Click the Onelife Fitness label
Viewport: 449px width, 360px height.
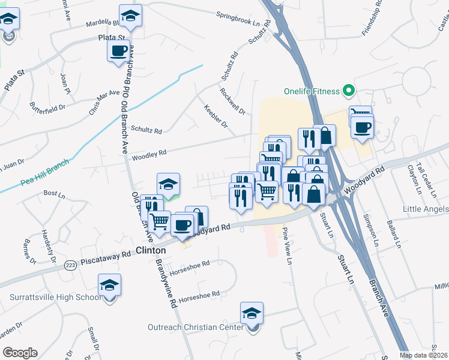[x=312, y=92]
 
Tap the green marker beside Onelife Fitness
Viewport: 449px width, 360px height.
[x=349, y=91]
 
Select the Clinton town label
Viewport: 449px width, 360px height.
[x=151, y=250]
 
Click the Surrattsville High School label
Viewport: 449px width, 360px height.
[x=56, y=297]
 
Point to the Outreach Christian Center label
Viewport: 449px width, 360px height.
[x=196, y=327]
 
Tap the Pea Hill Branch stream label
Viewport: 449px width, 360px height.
[x=46, y=169]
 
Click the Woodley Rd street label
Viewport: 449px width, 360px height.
[x=149, y=155]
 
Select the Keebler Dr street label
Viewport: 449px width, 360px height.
[x=216, y=118]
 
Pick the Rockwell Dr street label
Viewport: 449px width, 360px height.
[x=232, y=101]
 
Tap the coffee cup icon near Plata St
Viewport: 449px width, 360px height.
[x=119, y=50]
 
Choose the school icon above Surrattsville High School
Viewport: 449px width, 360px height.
[x=110, y=284]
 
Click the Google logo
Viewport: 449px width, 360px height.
[x=20, y=353]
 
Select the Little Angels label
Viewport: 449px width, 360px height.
[x=426, y=209]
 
